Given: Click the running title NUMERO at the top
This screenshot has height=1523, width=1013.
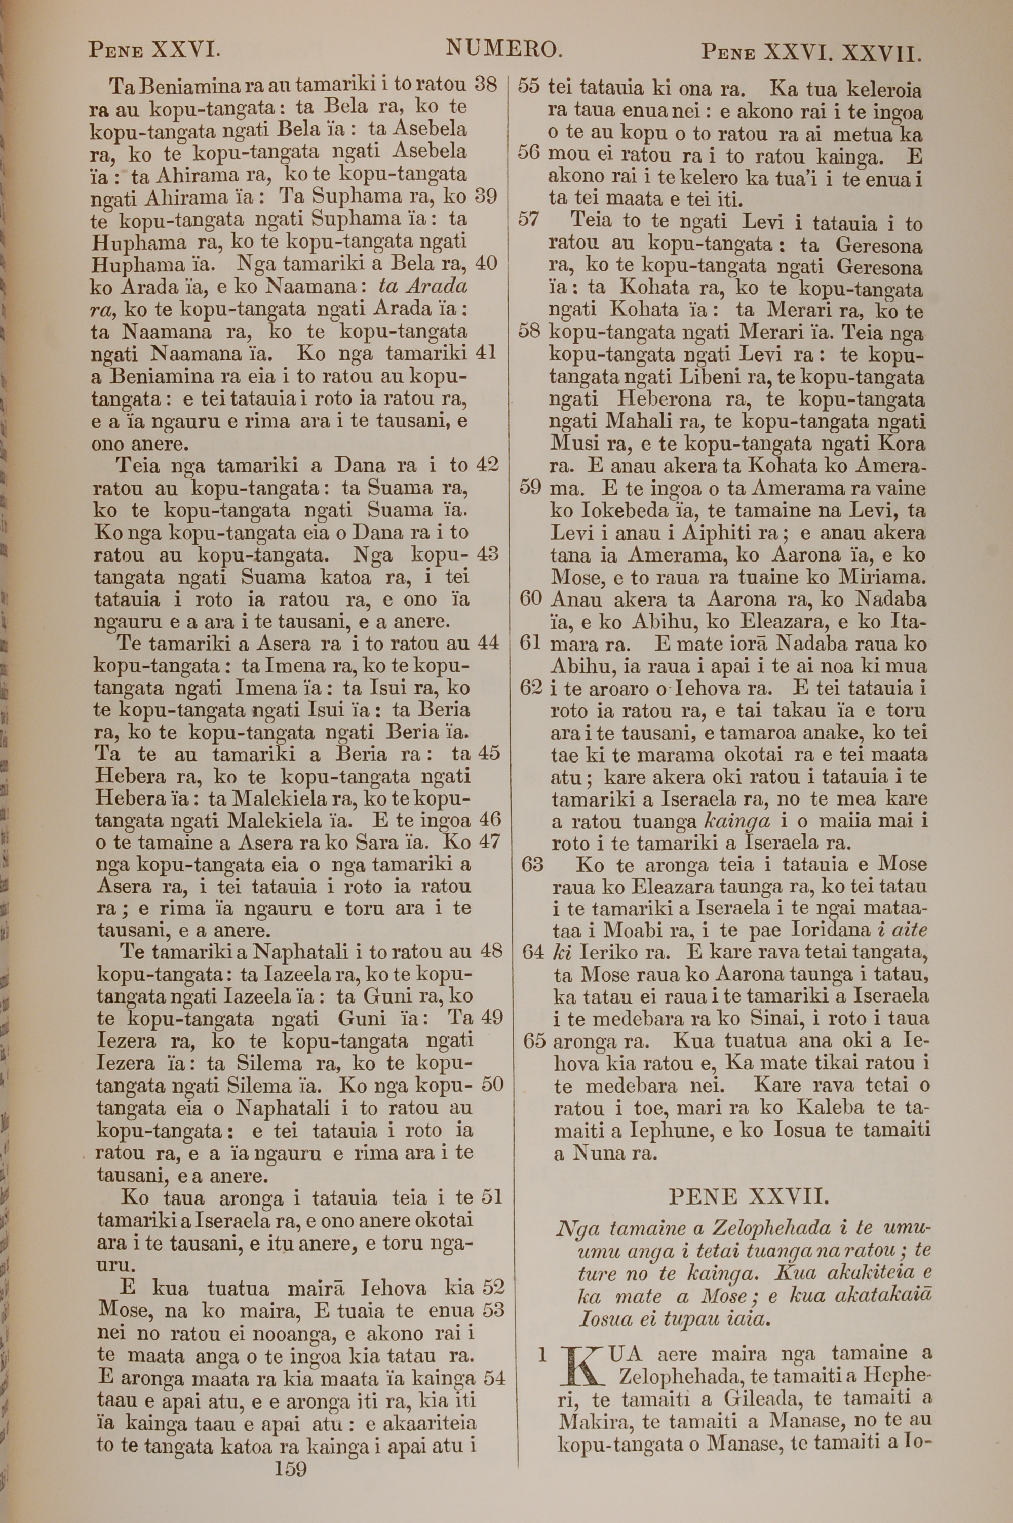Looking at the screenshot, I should pyautogui.click(x=501, y=49).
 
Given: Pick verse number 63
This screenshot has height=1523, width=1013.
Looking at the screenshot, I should pyautogui.click(x=532, y=864).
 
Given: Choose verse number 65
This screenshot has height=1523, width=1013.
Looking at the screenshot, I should pyautogui.click(x=534, y=1041).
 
